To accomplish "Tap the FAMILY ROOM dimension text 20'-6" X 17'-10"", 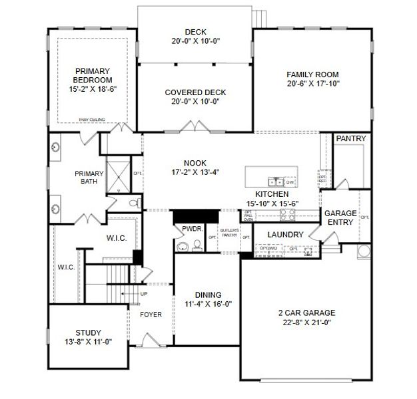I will pyautogui.click(x=312, y=84).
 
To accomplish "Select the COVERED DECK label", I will pyautogui.click(x=195, y=92).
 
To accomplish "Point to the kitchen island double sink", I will pyautogui.click(x=274, y=181).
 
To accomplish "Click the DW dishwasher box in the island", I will pyautogui.click(x=290, y=181).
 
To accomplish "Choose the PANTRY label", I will pyautogui.click(x=350, y=138).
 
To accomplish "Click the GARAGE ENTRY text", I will pyautogui.click(x=340, y=217).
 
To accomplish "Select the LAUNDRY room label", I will pyautogui.click(x=285, y=235).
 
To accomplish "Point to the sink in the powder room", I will pyautogui.click(x=182, y=247).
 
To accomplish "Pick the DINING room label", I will pyautogui.click(x=208, y=295).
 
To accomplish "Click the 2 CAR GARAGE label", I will pyautogui.click(x=306, y=312).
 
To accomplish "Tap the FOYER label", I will pyautogui.click(x=150, y=315).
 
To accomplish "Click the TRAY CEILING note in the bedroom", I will pyautogui.click(x=92, y=120).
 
